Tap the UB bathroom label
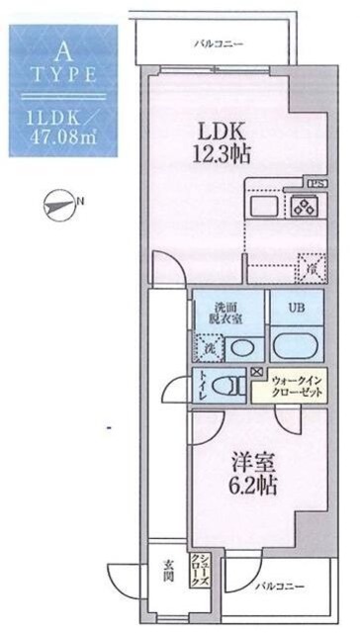click(x=296, y=308)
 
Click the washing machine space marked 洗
click(x=209, y=347)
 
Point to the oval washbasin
click(x=241, y=348)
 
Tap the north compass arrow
click(x=63, y=205)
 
